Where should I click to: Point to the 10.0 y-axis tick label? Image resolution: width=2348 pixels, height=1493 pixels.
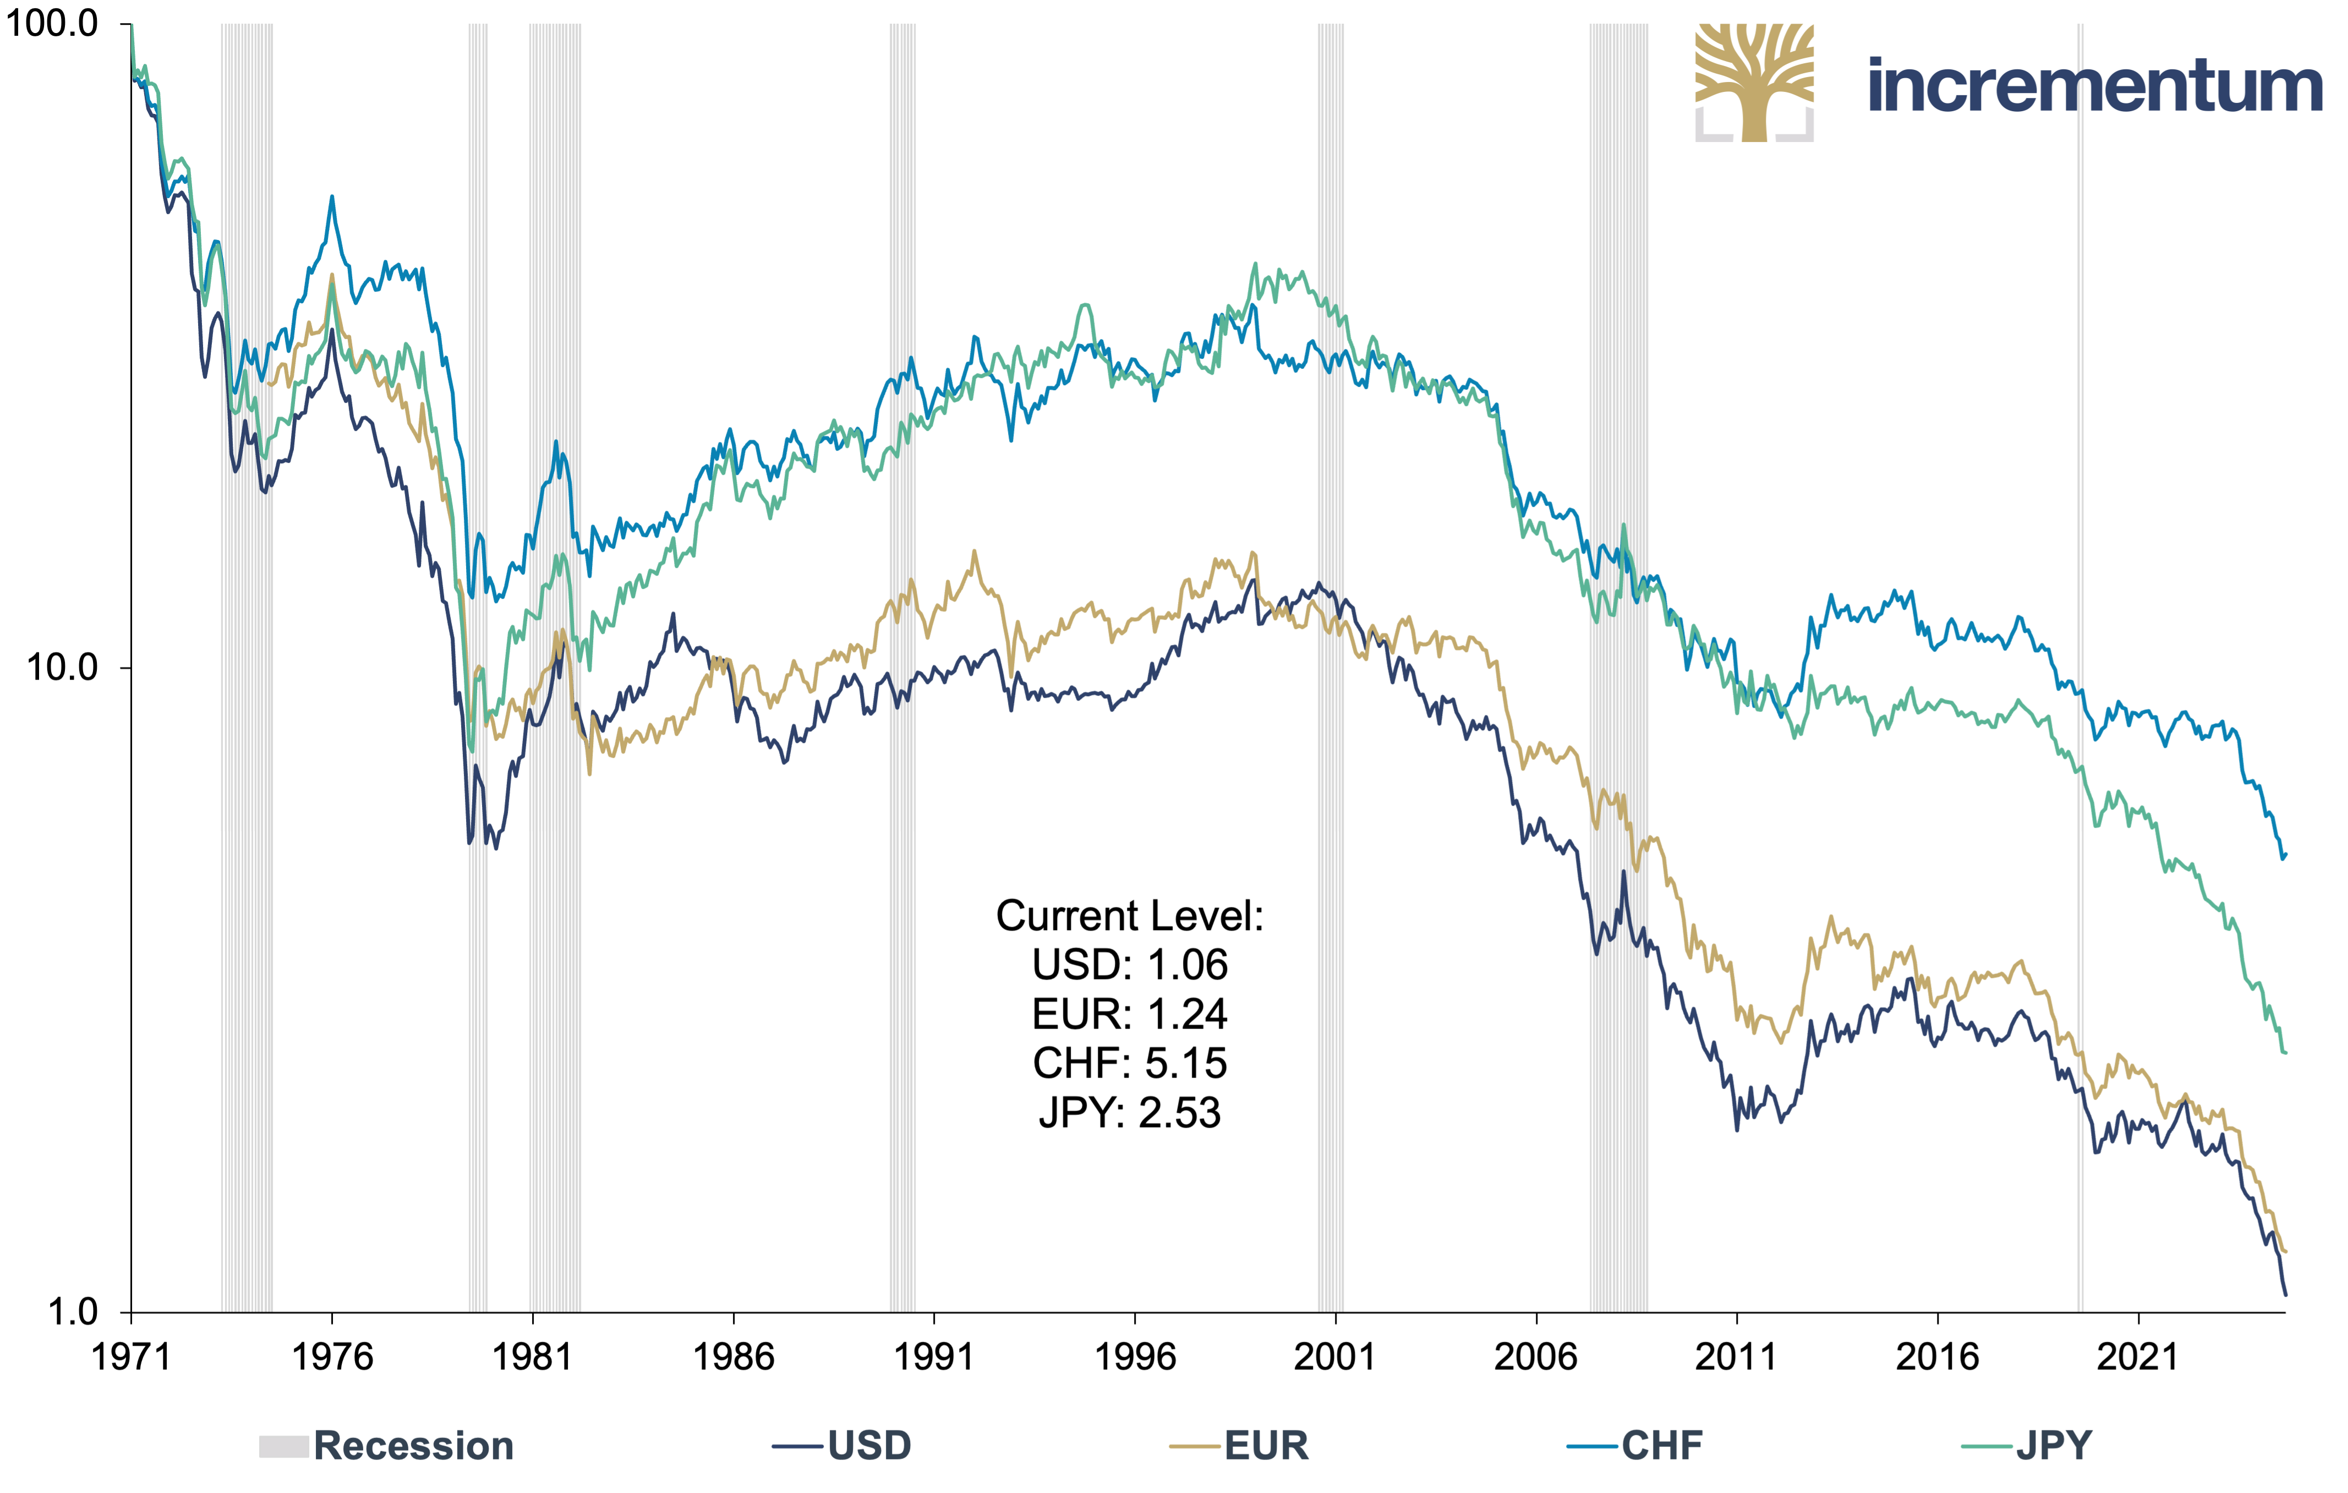62,668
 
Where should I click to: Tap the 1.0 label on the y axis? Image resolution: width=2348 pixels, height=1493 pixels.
73,1311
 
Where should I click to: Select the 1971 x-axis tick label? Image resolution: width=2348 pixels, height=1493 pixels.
130,1357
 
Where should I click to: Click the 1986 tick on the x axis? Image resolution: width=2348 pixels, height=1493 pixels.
734,1357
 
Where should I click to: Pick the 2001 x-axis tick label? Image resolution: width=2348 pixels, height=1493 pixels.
1335,1357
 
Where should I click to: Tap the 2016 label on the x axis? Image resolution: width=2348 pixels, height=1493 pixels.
1937,1357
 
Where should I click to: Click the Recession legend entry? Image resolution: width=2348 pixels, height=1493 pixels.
386,1445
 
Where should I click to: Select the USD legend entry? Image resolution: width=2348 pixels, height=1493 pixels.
841,1445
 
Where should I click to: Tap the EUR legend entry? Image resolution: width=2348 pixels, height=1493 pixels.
1238,1445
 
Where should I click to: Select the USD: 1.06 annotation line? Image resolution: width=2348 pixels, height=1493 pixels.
1130,965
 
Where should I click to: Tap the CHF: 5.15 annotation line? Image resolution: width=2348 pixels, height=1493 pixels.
1130,1064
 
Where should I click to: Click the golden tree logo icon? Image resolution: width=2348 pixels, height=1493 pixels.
1754,83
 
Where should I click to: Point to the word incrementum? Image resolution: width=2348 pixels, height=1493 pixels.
2094,86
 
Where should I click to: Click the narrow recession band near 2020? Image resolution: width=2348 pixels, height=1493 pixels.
2080,668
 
